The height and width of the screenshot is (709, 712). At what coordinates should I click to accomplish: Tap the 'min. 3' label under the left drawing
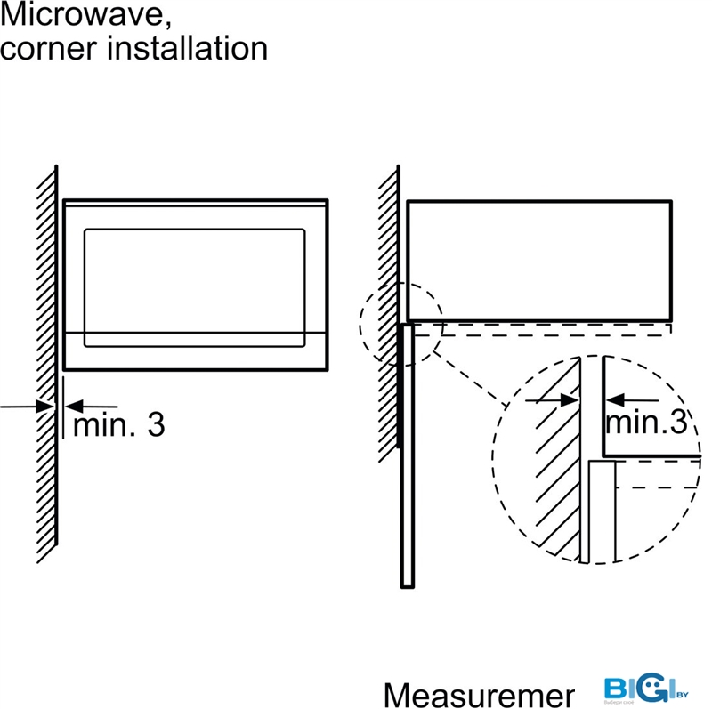118,424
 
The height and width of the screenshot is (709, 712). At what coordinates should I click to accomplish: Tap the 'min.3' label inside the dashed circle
646,422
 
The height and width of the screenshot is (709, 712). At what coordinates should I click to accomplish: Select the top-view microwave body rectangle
538,260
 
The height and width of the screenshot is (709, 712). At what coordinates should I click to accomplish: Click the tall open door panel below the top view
407,454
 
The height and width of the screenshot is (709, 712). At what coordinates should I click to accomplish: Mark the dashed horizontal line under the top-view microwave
552,335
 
